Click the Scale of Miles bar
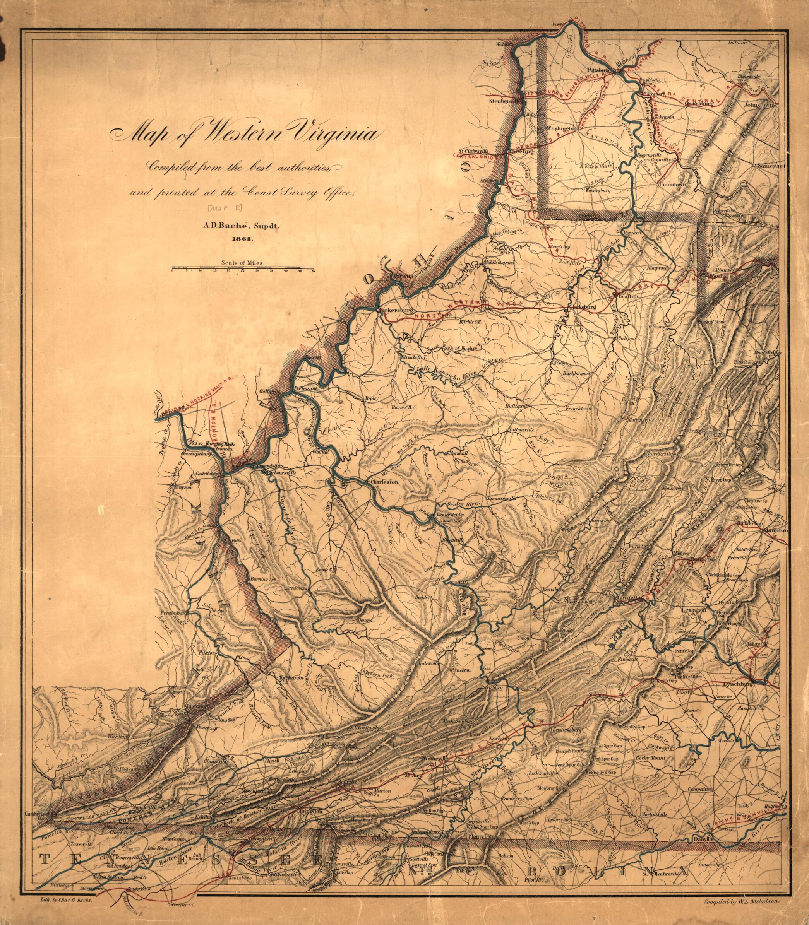(242, 269)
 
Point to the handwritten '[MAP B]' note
(224, 208)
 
